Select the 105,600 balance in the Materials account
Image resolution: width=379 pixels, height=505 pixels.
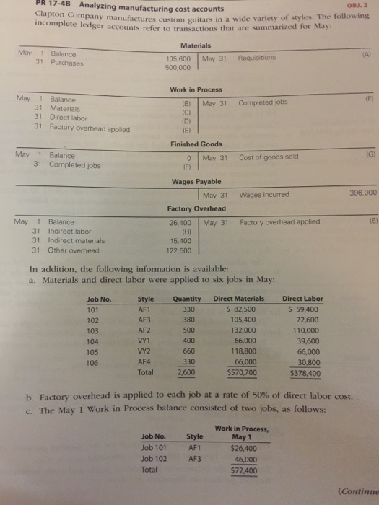point(178,59)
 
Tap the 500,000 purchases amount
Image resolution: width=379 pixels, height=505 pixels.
point(177,67)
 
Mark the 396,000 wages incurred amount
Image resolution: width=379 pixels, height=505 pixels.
point(362,193)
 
